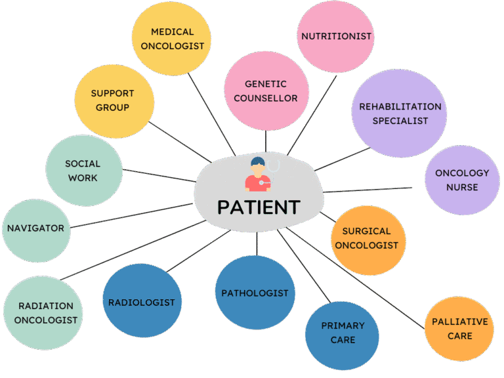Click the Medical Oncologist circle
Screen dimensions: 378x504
pyautogui.click(x=171, y=39)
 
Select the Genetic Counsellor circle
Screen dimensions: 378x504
pyautogui.click(x=266, y=91)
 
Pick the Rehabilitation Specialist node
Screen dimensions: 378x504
pyautogui.click(x=400, y=114)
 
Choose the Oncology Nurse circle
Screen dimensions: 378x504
pyautogui.click(x=462, y=180)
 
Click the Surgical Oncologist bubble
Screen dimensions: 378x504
pyautogui.click(x=369, y=239)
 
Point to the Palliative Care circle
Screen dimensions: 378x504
pyautogui.click(x=459, y=328)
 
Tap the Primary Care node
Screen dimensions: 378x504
pyautogui.click(x=342, y=333)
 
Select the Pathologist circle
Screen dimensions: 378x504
pyautogui.click(x=255, y=293)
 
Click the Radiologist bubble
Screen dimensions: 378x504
pyautogui.click(x=142, y=302)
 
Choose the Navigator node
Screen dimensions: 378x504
pyautogui.click(x=35, y=229)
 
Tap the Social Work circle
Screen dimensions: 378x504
pyautogui.click(x=82, y=171)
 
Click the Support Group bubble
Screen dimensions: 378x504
pyautogui.click(x=114, y=100)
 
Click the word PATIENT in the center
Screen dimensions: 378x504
pyautogui.click(x=259, y=207)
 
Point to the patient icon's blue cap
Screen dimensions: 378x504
pyautogui.click(x=257, y=161)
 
